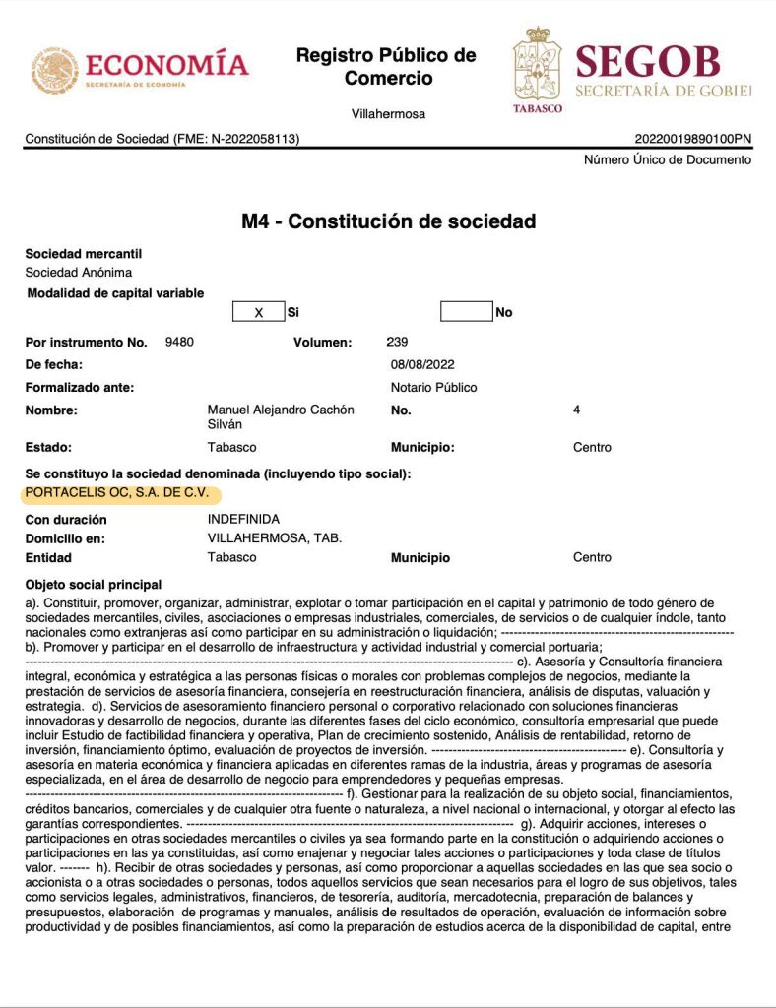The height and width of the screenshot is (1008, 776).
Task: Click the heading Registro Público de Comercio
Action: [386, 66]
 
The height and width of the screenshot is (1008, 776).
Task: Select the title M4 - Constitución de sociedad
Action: [389, 221]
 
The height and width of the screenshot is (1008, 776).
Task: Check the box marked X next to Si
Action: [258, 312]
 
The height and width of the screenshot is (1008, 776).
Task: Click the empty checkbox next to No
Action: [466, 312]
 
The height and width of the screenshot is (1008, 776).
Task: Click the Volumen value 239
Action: [398, 343]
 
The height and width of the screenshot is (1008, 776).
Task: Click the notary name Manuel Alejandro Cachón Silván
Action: [281, 417]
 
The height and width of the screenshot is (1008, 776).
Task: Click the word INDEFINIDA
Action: [243, 519]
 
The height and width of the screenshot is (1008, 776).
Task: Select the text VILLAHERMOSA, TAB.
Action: [275, 538]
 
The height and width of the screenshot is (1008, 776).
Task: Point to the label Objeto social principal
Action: [94, 585]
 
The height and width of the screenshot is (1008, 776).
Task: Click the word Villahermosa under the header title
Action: [388, 114]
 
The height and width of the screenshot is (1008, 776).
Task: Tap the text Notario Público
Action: [433, 388]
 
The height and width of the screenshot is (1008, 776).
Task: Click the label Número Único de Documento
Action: [668, 159]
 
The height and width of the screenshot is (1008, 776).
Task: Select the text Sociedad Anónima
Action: [79, 272]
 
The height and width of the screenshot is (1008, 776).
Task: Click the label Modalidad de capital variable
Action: [115, 293]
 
